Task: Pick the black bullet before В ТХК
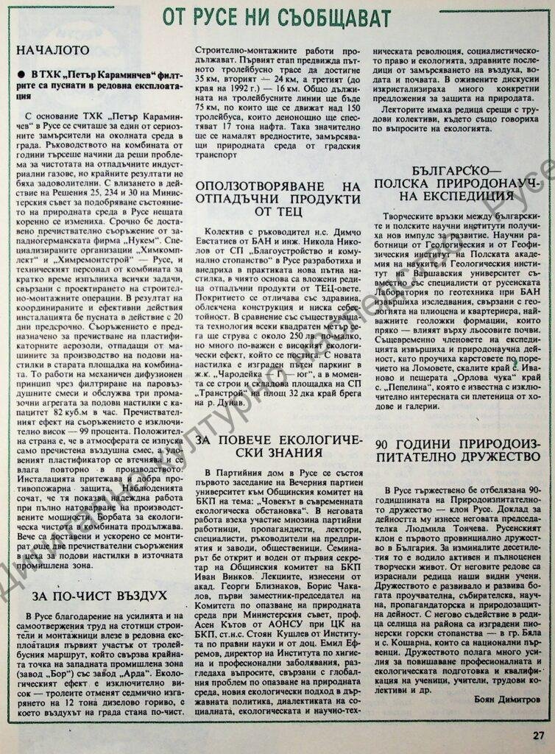coord(24,76)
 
